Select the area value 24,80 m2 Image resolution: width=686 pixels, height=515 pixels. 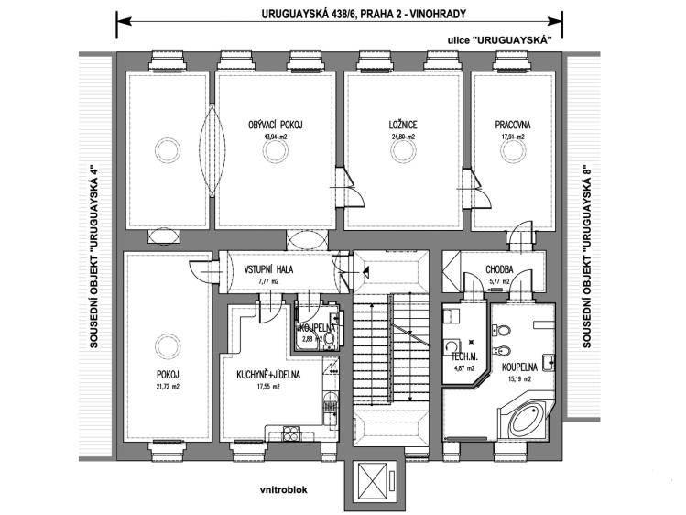403,136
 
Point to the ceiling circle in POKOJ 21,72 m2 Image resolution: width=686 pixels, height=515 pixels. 166,346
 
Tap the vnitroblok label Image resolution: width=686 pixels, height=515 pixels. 285,489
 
